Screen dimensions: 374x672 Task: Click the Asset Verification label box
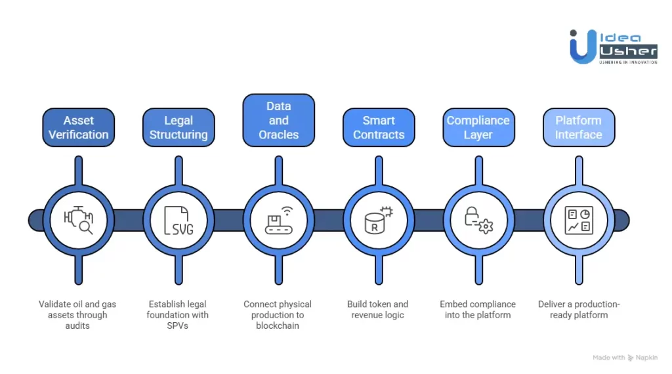point(79,127)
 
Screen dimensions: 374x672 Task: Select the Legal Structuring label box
point(178,127)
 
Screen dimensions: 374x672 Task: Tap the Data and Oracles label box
point(278,120)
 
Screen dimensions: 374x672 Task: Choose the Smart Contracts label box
point(379,127)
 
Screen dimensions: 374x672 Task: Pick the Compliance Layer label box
point(478,127)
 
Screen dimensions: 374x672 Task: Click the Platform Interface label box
point(578,127)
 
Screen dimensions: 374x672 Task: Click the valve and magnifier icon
point(79,220)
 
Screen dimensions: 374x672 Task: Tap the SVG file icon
point(178,220)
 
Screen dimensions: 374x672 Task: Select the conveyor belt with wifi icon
point(278,220)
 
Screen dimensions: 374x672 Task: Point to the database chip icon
point(379,220)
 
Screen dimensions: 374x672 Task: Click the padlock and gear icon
point(478,220)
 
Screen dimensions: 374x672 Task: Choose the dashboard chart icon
point(578,220)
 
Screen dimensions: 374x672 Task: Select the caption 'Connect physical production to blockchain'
point(278,314)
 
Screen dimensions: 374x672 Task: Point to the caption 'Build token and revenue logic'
point(379,309)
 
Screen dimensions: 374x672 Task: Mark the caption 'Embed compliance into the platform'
point(478,309)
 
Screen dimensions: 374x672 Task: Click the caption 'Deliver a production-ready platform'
point(579,309)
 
